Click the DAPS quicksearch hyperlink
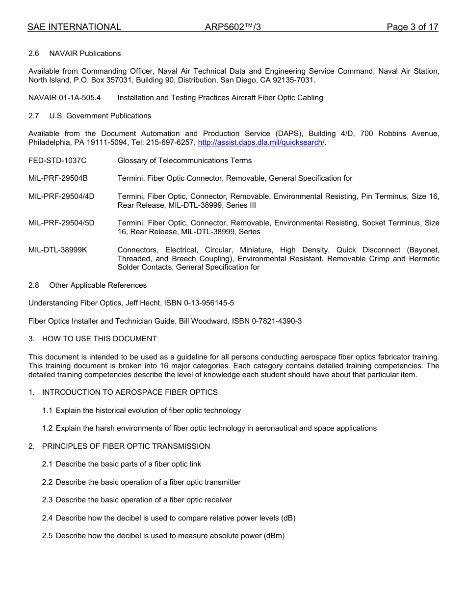pos(261,142)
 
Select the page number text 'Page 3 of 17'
pos(412,27)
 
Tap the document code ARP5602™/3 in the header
pos(233,27)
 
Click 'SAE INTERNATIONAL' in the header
pos(74,27)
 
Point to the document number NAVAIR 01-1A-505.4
pos(65,98)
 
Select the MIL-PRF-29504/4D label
pos(61,196)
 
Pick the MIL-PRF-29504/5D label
pos(61,223)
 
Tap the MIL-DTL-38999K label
pos(58,250)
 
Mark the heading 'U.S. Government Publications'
pos(100,116)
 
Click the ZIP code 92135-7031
pos(294,80)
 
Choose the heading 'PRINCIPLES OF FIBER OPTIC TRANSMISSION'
pos(126,446)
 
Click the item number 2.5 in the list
pos(47,536)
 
